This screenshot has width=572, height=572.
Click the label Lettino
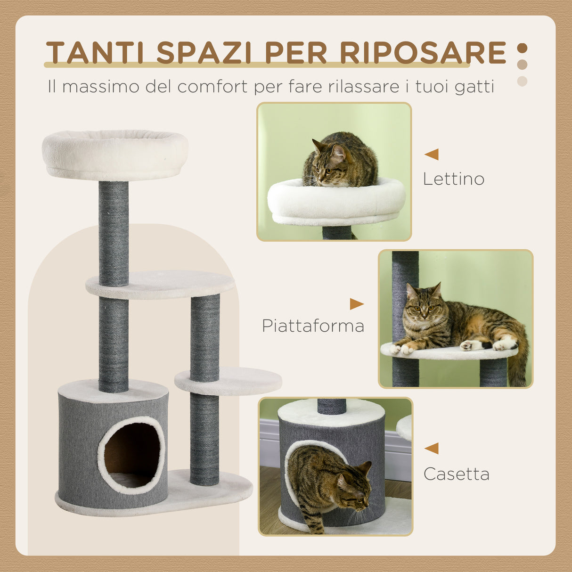453,179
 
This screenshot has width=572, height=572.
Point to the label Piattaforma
313,326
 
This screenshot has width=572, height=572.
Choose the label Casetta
456,474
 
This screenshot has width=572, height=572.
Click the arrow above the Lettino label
432,154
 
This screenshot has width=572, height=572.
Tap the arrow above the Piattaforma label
356,304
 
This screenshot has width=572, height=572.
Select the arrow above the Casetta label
432,448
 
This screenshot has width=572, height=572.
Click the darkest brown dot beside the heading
522,48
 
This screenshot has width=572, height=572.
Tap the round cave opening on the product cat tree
132,455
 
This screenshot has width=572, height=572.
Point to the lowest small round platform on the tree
229,381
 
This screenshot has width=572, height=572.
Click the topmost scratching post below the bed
114,233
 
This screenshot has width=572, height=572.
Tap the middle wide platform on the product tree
160,285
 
